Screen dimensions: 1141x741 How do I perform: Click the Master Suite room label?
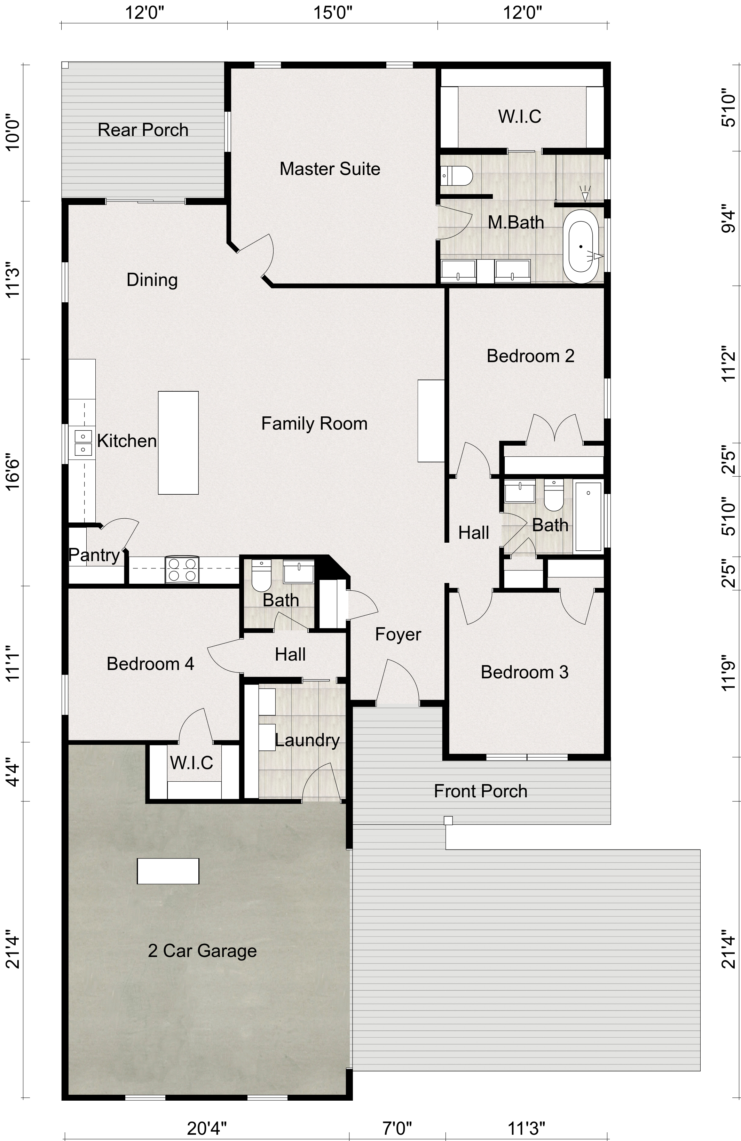[330, 169]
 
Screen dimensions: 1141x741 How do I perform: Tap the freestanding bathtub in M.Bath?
[580, 246]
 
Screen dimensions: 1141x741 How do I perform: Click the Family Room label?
[314, 423]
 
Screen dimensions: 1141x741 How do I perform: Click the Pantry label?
[94, 555]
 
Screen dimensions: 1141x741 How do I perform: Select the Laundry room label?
[307, 740]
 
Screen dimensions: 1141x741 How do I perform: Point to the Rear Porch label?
[143, 130]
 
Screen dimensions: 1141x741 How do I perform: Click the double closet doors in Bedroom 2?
[555, 428]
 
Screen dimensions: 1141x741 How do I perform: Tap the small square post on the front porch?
[448, 820]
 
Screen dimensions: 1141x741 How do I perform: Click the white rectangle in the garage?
[168, 871]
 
